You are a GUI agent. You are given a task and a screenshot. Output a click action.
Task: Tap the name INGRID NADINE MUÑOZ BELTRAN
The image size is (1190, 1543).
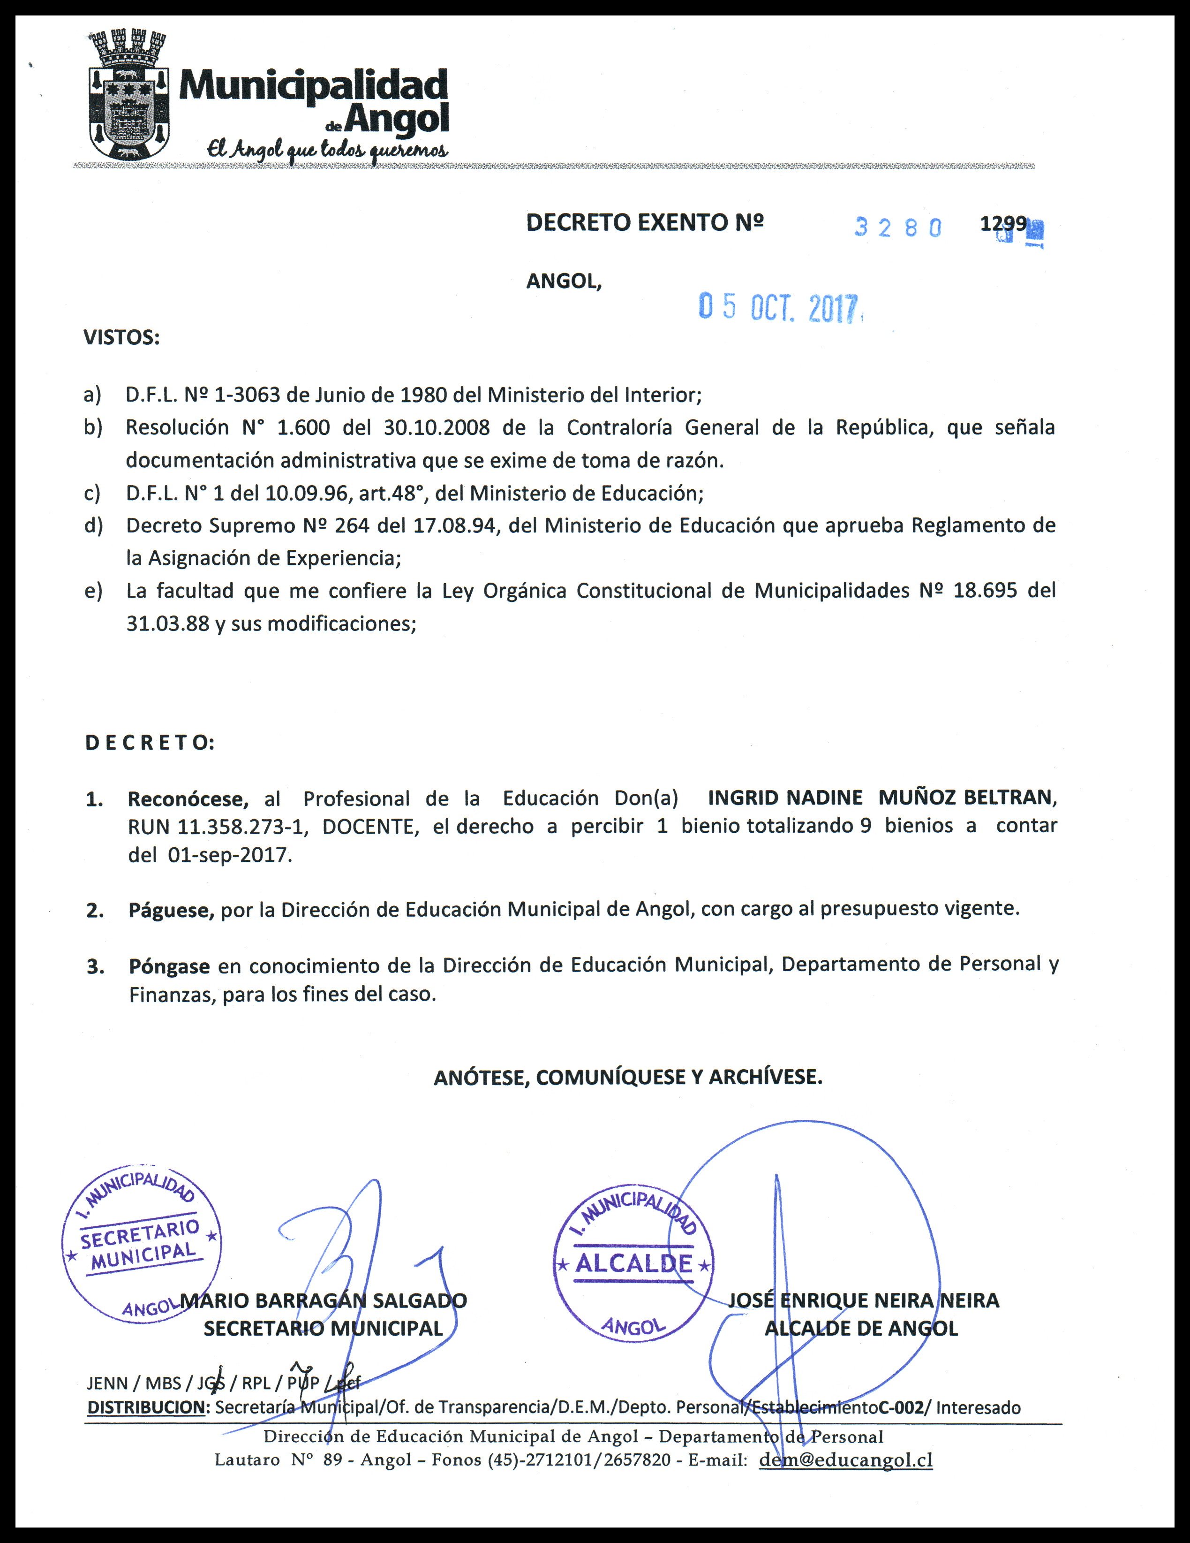pos(880,797)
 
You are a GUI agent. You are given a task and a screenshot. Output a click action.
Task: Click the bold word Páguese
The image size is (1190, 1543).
pos(171,909)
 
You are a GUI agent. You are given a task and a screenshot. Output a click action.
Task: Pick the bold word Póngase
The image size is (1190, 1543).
pos(169,965)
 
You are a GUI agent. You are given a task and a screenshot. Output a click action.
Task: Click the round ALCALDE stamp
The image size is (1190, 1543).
pos(633,1264)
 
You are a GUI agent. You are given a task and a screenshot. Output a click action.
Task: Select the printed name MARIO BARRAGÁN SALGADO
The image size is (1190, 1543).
pos(324,1300)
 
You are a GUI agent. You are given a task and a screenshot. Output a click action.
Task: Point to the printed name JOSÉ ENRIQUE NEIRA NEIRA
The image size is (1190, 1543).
pos(863,1300)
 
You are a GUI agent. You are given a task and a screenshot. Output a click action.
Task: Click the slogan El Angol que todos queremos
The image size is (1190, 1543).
pos(326,150)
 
